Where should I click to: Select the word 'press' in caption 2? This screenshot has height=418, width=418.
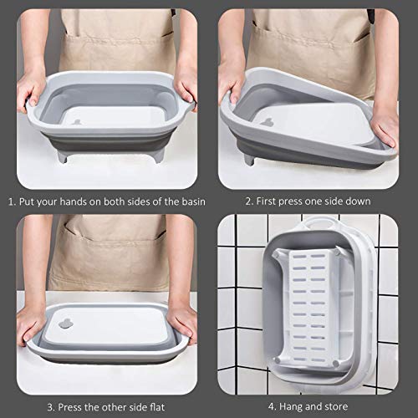(x=294, y=201)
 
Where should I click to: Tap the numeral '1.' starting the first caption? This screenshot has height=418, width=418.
(x=13, y=201)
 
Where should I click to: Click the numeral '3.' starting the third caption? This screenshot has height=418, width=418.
(x=51, y=407)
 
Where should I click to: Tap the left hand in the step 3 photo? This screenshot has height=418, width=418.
(x=32, y=322)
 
